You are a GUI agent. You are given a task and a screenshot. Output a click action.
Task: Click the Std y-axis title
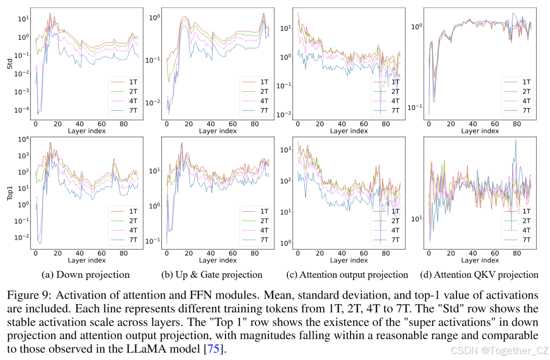[x=10, y=64]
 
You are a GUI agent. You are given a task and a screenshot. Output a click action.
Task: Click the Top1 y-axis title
[x=10, y=193]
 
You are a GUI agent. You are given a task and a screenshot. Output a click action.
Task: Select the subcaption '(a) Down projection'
[x=86, y=275]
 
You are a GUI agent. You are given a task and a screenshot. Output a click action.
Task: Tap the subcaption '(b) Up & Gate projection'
[x=212, y=275]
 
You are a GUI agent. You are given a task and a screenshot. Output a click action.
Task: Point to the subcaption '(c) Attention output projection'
[x=347, y=275]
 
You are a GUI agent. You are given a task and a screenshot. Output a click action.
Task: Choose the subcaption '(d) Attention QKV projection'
[x=479, y=275]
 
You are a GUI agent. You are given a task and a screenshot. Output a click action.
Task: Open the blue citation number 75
[x=214, y=349]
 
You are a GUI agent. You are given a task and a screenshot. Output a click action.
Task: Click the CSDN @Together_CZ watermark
[x=499, y=351]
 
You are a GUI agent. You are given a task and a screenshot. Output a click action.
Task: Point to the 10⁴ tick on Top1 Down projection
[x=23, y=139]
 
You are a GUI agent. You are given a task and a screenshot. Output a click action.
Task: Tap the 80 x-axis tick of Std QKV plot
[x=517, y=124]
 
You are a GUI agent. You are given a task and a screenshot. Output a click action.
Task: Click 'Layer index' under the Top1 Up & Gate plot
[x=218, y=260]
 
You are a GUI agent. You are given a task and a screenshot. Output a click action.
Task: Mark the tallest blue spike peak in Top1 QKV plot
[x=515, y=140]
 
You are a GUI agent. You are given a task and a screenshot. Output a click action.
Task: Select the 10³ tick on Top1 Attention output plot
[x=285, y=150]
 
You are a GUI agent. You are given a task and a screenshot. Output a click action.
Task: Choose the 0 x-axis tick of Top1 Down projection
[x=36, y=253]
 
